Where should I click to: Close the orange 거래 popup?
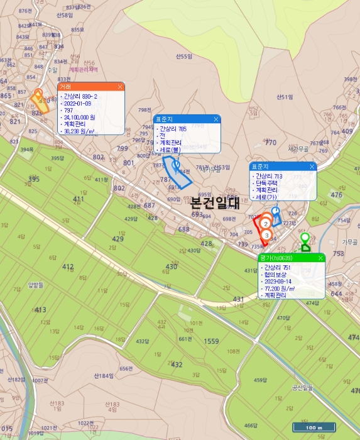click(119, 87)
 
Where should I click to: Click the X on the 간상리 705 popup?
click(215, 119)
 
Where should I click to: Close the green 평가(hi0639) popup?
click(320, 258)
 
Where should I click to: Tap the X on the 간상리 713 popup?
click(312, 167)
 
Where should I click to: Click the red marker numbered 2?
click(266, 223)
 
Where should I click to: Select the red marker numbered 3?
click(266, 234)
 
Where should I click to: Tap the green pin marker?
click(305, 239)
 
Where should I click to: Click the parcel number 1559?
click(211, 341)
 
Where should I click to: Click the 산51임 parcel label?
click(285, 97)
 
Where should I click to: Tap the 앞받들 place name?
click(36, 284)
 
